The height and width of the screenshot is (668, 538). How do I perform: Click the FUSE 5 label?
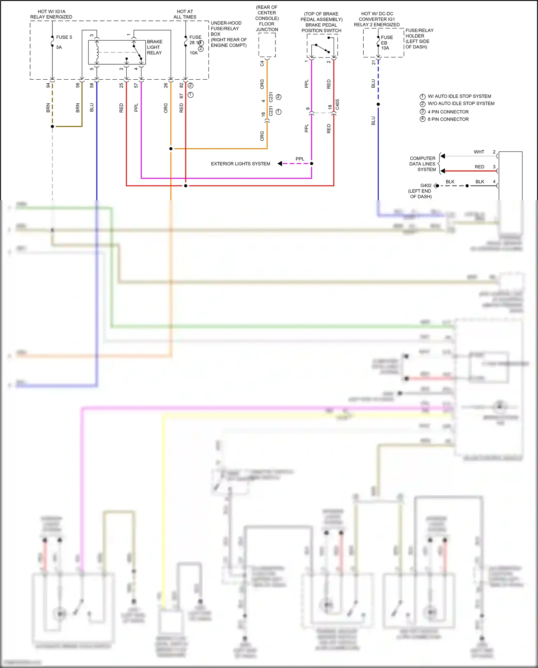[x=64, y=37]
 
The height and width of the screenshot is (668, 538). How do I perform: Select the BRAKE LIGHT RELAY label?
[x=154, y=47]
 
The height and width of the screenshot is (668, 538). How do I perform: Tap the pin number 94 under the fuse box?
[x=48, y=85]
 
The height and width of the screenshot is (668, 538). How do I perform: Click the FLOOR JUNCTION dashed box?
[x=267, y=45]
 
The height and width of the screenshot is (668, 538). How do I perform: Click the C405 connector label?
[x=338, y=104]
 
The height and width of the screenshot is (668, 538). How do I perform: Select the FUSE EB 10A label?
[x=387, y=43]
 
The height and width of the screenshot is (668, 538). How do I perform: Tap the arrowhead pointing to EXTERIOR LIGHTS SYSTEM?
[x=280, y=164]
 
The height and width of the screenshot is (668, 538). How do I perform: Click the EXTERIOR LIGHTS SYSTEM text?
[x=240, y=164]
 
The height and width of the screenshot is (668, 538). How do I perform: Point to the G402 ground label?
[x=426, y=186]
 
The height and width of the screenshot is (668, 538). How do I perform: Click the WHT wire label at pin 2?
[x=479, y=152]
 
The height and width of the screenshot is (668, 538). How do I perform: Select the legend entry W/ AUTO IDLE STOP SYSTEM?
[x=459, y=97]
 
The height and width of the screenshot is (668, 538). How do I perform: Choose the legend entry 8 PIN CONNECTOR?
[x=448, y=119]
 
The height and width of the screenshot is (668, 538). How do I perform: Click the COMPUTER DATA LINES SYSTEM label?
[x=423, y=164]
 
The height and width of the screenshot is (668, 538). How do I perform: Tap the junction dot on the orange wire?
[x=171, y=149]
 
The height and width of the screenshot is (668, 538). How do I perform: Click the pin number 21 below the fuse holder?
[x=373, y=62]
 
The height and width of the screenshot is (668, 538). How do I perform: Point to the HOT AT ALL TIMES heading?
[x=185, y=14]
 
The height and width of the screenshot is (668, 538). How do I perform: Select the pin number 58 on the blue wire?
[x=92, y=85]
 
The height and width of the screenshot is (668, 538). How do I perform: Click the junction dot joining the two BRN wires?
[x=52, y=126]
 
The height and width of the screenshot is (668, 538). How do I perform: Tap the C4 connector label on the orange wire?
[x=262, y=64]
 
